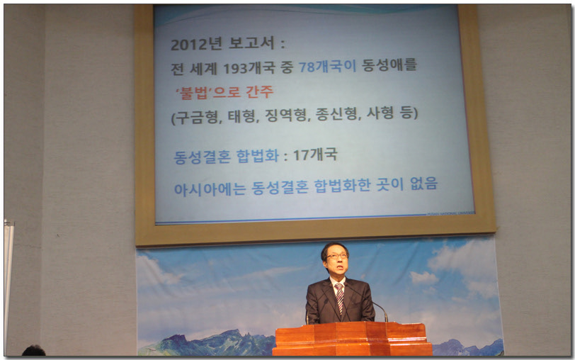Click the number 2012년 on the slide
[x=197, y=44]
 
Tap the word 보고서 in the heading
[x=252, y=43]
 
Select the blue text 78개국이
[x=327, y=67]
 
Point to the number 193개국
[x=249, y=68]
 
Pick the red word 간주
[x=260, y=91]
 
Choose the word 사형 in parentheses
[x=380, y=113]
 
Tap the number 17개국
[x=315, y=154]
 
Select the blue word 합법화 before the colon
[x=258, y=156]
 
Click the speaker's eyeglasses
[x=336, y=256]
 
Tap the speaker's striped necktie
[x=340, y=297]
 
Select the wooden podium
[x=353, y=339]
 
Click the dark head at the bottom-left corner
[x=33, y=351]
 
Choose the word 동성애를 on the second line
[x=389, y=65]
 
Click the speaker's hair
[x=334, y=247]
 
